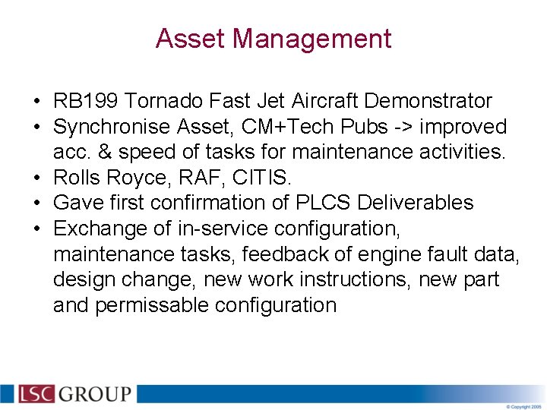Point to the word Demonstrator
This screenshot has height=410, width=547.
pos(428,101)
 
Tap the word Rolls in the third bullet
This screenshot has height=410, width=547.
pos(75,178)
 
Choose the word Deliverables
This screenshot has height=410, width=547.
pos(416,203)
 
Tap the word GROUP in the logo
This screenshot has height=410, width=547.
pos(95,394)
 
